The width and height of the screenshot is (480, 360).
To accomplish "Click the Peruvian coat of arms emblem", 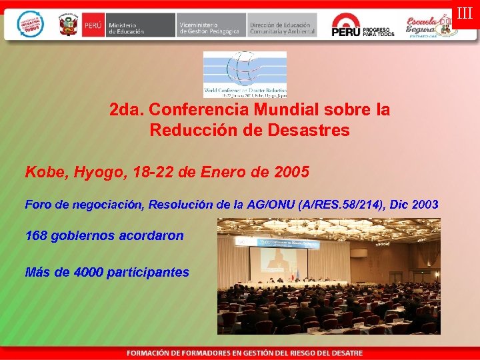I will [68, 25].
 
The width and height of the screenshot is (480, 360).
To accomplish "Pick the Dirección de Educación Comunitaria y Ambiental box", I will [282, 25].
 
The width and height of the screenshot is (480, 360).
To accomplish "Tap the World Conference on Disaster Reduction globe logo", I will [245, 74].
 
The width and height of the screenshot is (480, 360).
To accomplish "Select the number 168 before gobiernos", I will [37, 236].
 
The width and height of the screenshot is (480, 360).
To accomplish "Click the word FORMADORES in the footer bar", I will [201, 353].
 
